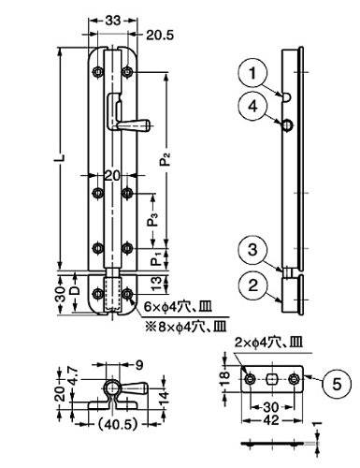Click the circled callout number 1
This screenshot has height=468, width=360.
(x=252, y=74)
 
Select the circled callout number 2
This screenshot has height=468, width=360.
(x=252, y=285)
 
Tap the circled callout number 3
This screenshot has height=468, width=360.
(x=252, y=250)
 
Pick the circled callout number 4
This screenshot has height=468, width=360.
(x=252, y=107)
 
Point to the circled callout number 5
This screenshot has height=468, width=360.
(x=337, y=384)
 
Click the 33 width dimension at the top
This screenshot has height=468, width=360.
(x=112, y=21)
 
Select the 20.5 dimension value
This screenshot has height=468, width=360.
(x=160, y=36)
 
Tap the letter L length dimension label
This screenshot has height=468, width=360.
(x=63, y=157)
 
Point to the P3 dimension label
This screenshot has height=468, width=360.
(x=153, y=220)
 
